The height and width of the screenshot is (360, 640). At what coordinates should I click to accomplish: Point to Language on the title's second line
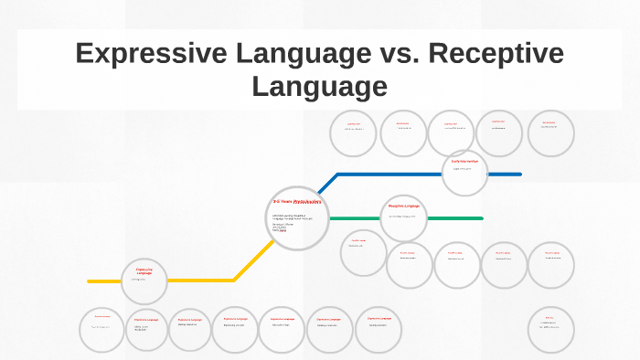[319, 87]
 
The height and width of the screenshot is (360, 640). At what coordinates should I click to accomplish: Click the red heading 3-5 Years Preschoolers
[295, 201]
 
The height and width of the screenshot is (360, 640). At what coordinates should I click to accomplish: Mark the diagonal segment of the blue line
[326, 185]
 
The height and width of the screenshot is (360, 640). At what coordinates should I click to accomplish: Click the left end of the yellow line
[91, 281]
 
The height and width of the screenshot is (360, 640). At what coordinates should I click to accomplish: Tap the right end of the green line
[481, 218]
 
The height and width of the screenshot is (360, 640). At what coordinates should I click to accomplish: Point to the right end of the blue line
[519, 174]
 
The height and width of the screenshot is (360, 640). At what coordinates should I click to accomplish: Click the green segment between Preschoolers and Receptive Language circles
[353, 218]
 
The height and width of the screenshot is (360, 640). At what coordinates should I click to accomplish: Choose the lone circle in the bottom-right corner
[551, 329]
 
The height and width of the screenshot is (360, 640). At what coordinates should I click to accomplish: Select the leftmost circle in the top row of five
[353, 133]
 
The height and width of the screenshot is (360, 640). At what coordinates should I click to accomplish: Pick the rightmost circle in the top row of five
[551, 133]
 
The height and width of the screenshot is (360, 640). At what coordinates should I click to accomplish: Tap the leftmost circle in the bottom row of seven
[101, 329]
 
